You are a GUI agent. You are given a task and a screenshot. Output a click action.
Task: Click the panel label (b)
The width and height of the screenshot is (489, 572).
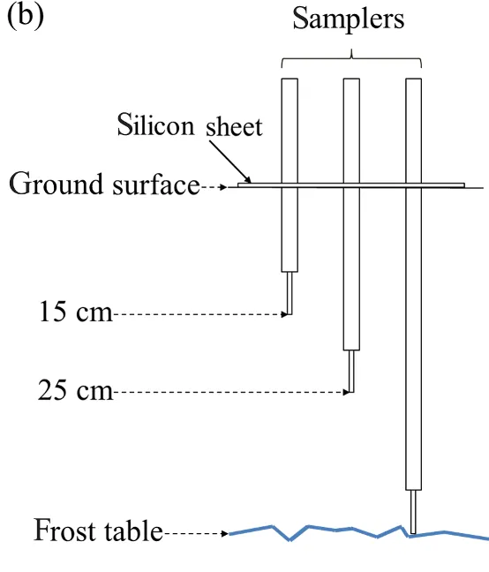26,17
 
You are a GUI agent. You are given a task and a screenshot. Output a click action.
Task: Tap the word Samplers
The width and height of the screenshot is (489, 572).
349,19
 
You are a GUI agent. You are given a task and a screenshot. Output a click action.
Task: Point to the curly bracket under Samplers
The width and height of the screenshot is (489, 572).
351,58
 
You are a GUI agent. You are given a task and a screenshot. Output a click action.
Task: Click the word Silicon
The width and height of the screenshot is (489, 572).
155,124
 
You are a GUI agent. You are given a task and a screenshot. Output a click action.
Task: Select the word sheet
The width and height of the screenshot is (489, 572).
234,126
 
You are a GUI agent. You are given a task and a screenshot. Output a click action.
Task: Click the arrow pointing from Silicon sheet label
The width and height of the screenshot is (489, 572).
230,162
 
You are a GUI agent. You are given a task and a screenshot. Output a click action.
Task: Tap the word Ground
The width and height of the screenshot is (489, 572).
56,184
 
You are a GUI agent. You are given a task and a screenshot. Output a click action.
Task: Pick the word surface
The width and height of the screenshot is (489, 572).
156,184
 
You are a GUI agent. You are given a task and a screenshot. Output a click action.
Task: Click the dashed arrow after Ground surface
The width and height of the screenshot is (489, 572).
214,187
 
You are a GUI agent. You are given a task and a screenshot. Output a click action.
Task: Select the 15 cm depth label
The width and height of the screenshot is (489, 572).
76,312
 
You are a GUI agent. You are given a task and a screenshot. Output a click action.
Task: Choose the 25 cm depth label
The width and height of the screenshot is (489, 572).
76,390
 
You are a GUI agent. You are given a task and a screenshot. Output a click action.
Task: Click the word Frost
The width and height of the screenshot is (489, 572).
65,530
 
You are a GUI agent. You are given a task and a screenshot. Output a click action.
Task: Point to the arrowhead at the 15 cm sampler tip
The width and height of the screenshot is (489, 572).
284,314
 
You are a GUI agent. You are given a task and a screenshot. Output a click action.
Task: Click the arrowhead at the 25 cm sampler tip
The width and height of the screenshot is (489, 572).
346,392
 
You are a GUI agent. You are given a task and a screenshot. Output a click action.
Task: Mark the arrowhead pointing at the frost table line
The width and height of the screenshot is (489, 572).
225,534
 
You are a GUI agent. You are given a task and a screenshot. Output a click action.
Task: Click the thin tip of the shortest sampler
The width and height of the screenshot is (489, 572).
290,293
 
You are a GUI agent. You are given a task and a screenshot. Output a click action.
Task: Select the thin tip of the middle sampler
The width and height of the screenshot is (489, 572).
351,372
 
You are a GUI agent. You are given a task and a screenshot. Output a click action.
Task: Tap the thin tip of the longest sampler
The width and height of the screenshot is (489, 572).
413,512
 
